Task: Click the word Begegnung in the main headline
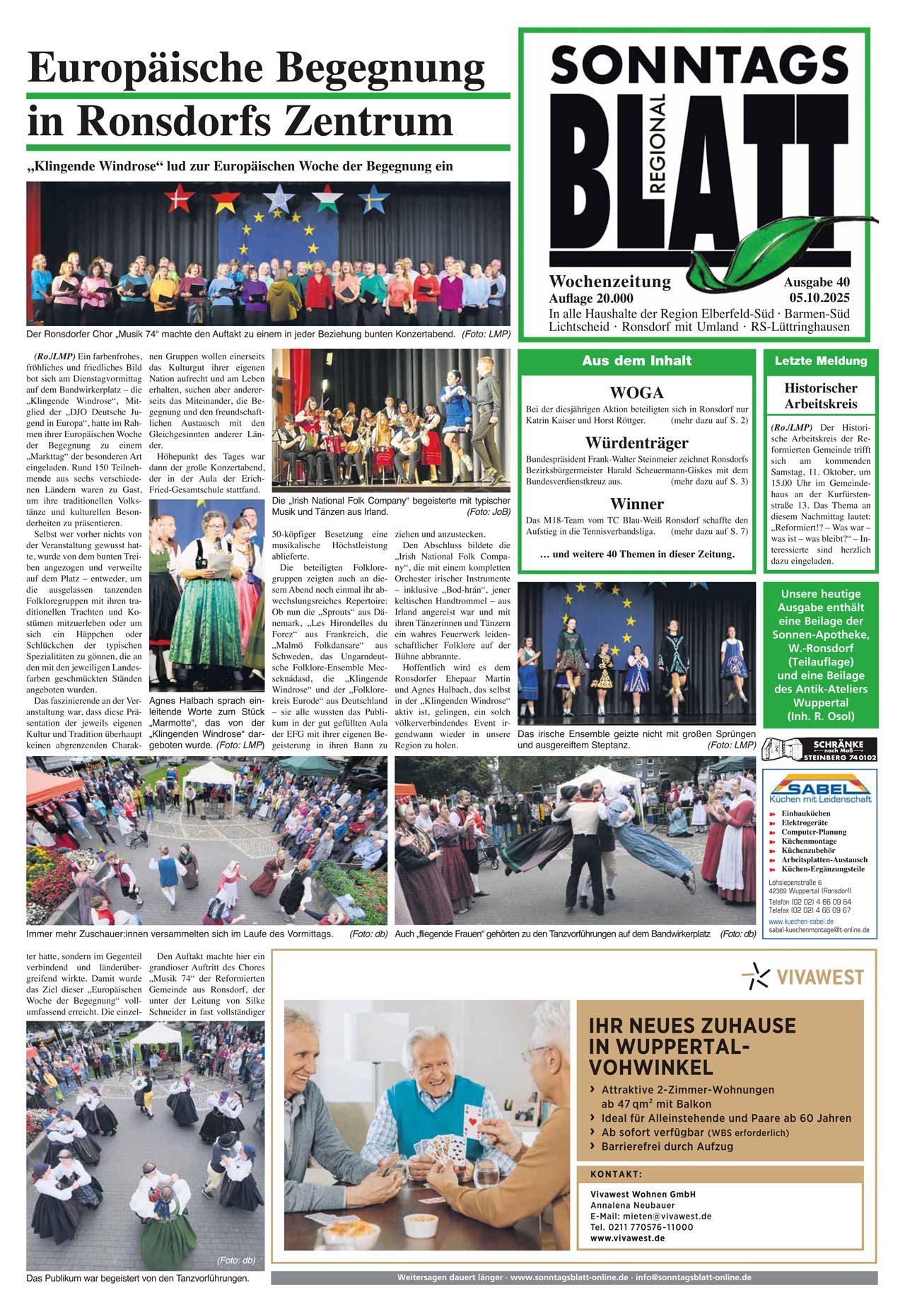(x=380, y=69)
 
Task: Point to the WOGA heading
(x=636, y=393)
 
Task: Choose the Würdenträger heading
(x=636, y=443)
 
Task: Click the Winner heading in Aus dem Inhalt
(x=636, y=504)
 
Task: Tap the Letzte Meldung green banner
(x=820, y=361)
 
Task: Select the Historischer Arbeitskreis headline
(x=820, y=396)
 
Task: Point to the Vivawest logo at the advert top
(x=803, y=976)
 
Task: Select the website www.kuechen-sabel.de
(x=801, y=922)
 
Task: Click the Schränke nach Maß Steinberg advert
(x=819, y=749)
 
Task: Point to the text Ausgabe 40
(x=817, y=282)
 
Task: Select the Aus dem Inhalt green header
(x=636, y=361)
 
